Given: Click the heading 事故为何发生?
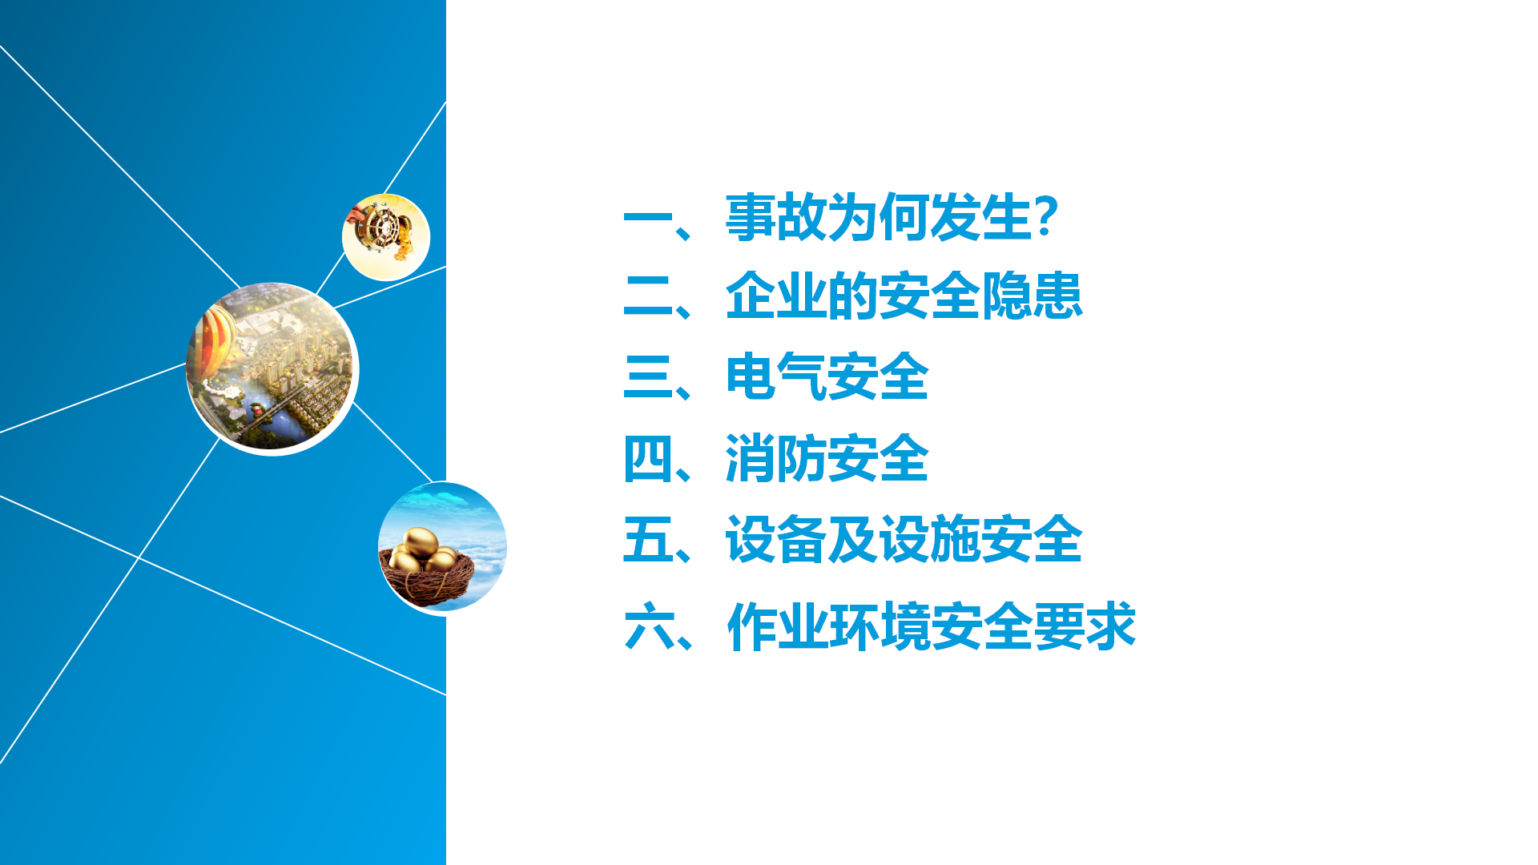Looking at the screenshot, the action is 892,217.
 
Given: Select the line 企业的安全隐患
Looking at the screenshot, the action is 904,296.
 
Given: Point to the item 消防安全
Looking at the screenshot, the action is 827,458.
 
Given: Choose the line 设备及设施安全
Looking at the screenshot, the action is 904,539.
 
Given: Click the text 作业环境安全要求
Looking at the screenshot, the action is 932,626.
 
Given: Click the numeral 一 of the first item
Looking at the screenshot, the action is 648,218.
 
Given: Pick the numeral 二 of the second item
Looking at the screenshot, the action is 648,297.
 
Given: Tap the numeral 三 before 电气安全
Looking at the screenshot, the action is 648,377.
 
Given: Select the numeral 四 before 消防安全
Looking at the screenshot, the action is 648,459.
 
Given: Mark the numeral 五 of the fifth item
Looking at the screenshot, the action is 648,540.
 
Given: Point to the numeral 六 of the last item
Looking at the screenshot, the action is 649,626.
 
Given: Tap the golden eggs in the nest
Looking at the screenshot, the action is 422,550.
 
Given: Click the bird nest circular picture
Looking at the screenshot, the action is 442,549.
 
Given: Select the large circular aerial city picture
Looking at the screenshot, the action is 272,369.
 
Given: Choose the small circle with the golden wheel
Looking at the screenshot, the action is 386,237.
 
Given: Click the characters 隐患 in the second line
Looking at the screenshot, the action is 1032,296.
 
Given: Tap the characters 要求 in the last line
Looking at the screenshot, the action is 1085,626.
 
